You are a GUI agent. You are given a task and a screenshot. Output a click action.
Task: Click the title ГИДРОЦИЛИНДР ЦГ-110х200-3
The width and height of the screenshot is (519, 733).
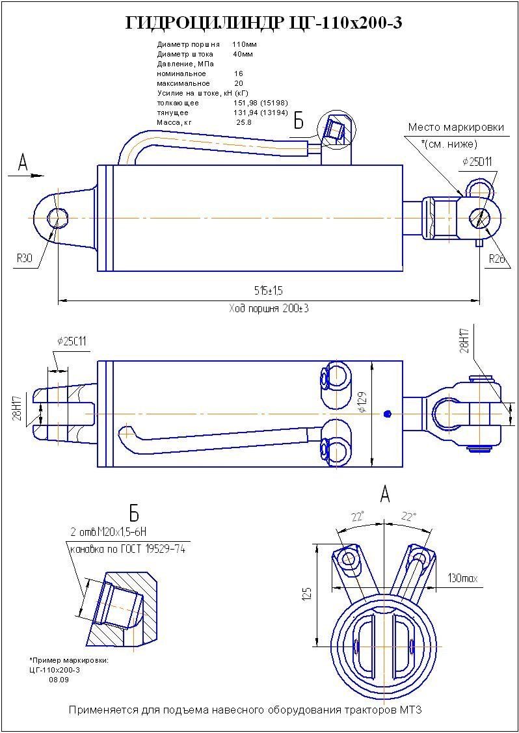coord(263,23)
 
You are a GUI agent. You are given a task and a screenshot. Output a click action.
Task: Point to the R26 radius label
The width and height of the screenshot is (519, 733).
coord(498,258)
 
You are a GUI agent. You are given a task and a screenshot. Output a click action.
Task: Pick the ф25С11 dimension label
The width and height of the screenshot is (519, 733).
coord(72,341)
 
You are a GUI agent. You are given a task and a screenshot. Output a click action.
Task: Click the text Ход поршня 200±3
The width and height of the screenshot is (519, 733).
coord(269,308)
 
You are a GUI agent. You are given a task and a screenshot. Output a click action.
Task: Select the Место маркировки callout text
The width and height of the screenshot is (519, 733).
coord(456,127)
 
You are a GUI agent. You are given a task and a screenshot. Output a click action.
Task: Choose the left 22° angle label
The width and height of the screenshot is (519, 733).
coord(357,517)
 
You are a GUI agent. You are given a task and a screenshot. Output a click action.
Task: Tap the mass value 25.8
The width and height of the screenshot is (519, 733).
coord(244,122)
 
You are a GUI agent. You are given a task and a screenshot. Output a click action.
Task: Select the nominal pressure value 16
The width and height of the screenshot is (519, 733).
coord(239,73)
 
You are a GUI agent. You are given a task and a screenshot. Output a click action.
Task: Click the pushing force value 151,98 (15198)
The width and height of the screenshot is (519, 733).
coord(260,103)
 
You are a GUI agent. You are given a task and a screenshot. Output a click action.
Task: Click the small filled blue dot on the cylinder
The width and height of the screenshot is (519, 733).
coord(388,414)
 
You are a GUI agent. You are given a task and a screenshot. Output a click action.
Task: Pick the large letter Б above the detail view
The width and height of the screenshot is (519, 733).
coord(134,513)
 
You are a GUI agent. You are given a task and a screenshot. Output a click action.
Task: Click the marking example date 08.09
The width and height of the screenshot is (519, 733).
coord(59,679)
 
